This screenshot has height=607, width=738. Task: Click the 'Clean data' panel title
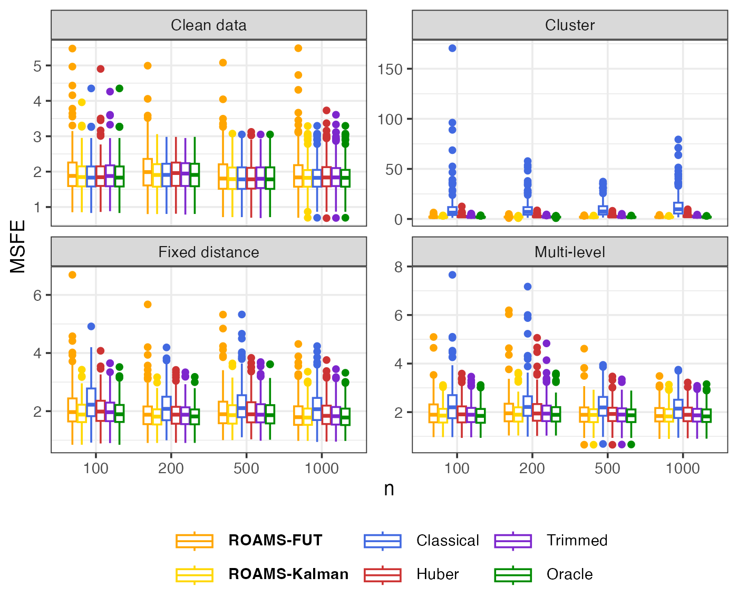(x=209, y=25)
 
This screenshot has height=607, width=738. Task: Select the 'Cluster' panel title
(x=570, y=25)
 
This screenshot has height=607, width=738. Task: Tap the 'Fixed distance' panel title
(x=209, y=252)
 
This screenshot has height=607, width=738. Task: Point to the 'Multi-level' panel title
(x=570, y=252)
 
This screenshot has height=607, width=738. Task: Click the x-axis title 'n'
(x=389, y=489)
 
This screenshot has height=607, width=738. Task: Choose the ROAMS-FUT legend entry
(x=275, y=541)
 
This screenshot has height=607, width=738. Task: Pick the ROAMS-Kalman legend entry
(x=288, y=574)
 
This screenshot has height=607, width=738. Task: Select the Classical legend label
(x=448, y=541)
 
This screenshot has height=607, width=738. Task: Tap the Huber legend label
(x=438, y=574)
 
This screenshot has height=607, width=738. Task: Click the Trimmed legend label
(x=577, y=541)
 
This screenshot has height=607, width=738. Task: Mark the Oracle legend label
(x=569, y=574)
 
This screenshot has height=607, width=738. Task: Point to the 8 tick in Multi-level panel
(x=398, y=267)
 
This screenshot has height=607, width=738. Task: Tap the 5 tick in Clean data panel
(x=37, y=66)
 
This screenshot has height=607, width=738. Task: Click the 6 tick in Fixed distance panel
(x=37, y=295)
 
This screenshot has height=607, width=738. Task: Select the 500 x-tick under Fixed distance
(x=246, y=468)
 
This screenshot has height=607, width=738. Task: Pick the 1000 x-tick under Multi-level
(x=683, y=468)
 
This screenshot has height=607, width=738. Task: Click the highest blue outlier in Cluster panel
(x=452, y=48)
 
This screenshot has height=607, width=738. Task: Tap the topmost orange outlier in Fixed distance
(x=72, y=275)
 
